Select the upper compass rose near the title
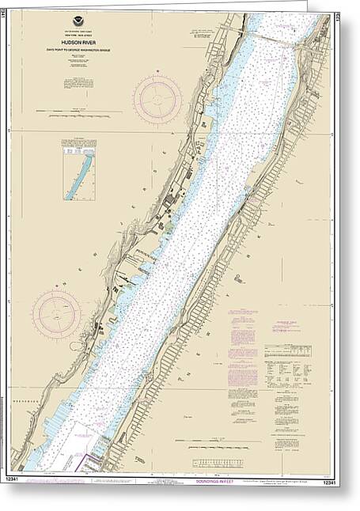(x=157, y=100)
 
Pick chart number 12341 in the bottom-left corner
(x=20, y=480)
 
